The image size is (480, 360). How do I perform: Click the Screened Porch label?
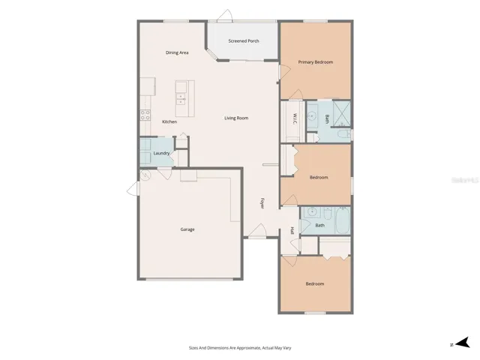(x=244, y=40)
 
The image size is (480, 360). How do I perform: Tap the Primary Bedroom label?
(x=315, y=61)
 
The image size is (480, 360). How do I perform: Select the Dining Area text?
(x=177, y=52)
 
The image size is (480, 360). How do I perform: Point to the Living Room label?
(x=236, y=118)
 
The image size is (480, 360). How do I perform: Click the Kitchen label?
(x=169, y=121)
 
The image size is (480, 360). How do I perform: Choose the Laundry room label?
(x=161, y=153)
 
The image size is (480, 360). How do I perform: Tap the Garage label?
(x=187, y=229)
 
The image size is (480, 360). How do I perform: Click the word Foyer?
(x=262, y=202)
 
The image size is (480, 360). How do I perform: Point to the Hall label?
(x=292, y=231)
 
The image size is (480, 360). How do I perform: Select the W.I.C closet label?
(x=295, y=118)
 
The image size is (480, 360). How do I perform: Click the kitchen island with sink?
(x=181, y=97)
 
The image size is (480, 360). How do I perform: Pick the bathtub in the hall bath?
(x=341, y=222)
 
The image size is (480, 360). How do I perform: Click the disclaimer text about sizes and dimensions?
(x=239, y=347)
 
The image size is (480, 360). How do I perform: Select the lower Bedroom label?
(x=315, y=283)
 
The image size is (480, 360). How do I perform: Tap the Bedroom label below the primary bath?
(x=319, y=177)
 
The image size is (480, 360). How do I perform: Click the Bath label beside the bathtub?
(x=319, y=225)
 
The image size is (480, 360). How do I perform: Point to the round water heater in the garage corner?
(x=146, y=175)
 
